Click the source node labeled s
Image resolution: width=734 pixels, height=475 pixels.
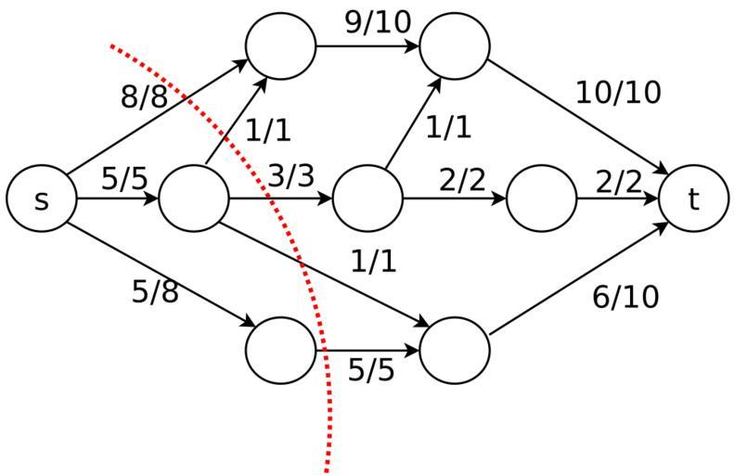click(x=41, y=199)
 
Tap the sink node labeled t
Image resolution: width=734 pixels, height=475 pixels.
click(x=694, y=199)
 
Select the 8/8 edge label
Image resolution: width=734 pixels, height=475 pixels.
click(x=145, y=96)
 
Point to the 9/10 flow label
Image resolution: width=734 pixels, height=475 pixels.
click(x=377, y=22)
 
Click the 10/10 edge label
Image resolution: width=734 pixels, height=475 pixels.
click(x=618, y=93)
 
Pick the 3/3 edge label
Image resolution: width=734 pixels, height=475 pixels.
click(x=291, y=175)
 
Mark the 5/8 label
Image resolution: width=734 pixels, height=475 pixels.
click(x=155, y=292)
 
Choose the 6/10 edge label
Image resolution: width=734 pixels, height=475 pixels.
click(x=625, y=297)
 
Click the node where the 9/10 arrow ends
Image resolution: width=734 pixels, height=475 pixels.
click(x=455, y=45)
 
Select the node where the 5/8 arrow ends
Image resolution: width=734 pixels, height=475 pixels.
click(x=280, y=351)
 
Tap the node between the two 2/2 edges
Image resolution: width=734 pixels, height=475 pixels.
click(x=541, y=199)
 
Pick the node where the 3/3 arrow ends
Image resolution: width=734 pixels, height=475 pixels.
click(x=367, y=199)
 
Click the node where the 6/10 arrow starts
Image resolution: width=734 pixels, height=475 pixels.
click(x=455, y=351)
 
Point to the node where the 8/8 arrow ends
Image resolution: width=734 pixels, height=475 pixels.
click(x=280, y=45)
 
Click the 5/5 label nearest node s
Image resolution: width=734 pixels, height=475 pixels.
click(x=124, y=178)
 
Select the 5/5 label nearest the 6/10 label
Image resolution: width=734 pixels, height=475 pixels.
click(x=371, y=370)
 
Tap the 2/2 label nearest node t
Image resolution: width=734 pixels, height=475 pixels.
click(x=618, y=182)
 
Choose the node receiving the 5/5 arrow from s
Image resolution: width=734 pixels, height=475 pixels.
click(x=194, y=199)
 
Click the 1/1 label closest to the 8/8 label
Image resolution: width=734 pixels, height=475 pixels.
click(x=268, y=131)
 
